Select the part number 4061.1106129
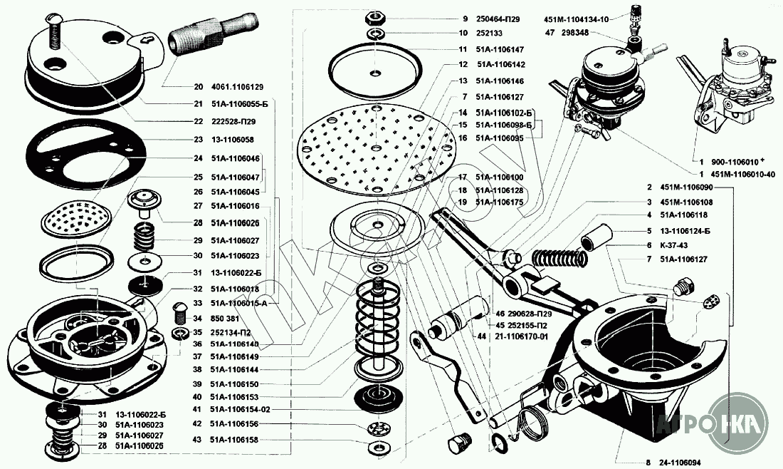click(x=238, y=86)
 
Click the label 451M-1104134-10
click(x=575, y=19)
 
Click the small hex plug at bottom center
click(x=455, y=445)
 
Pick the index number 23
click(x=198, y=140)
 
